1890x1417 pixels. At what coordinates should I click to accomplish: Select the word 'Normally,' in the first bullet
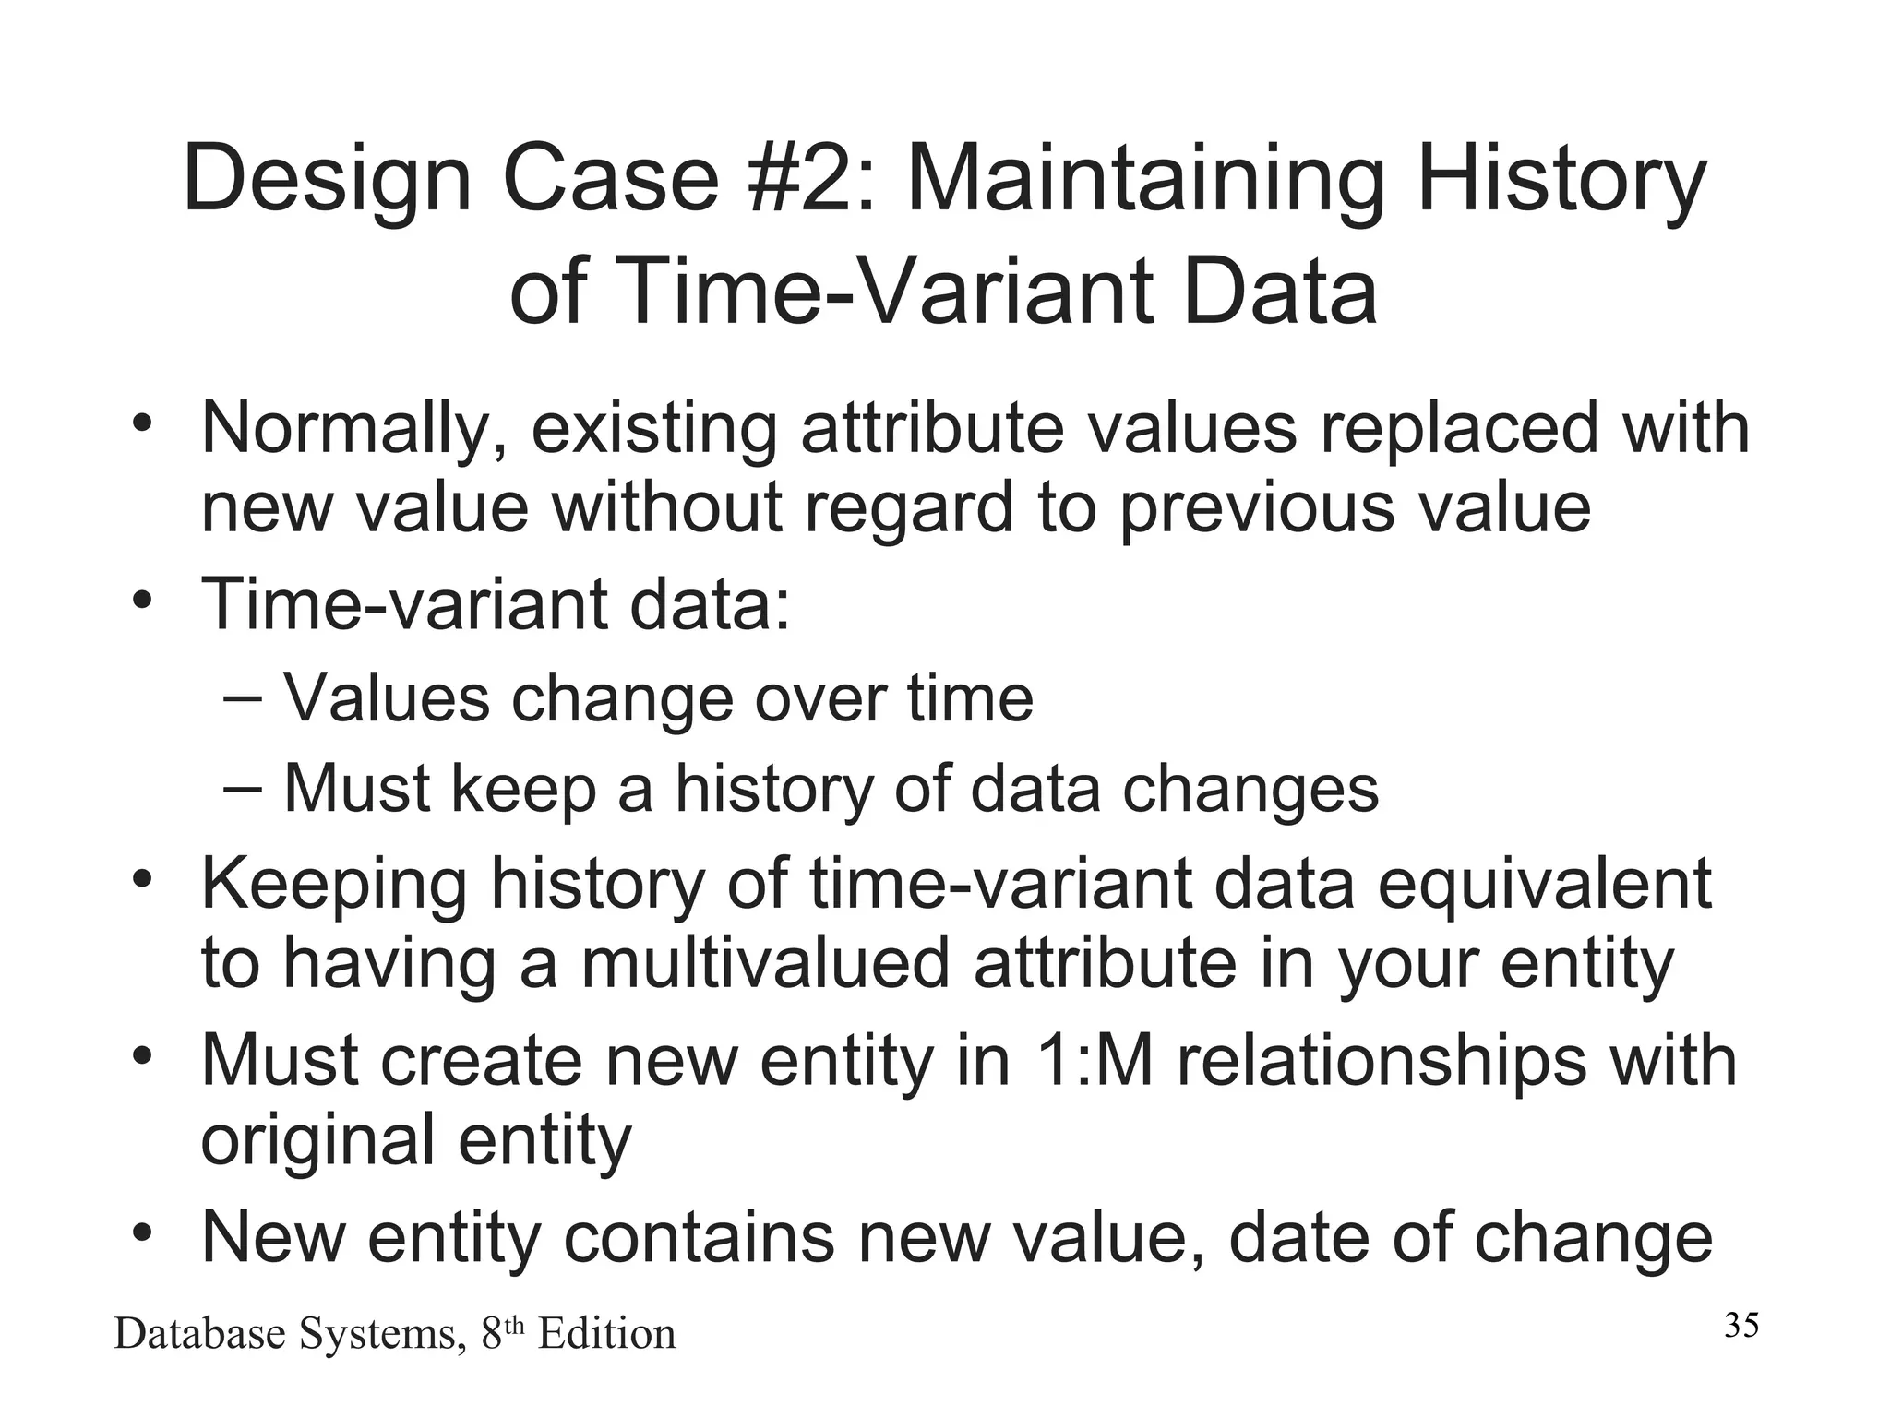[353, 430]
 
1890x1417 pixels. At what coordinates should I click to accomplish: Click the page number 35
[1741, 1326]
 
